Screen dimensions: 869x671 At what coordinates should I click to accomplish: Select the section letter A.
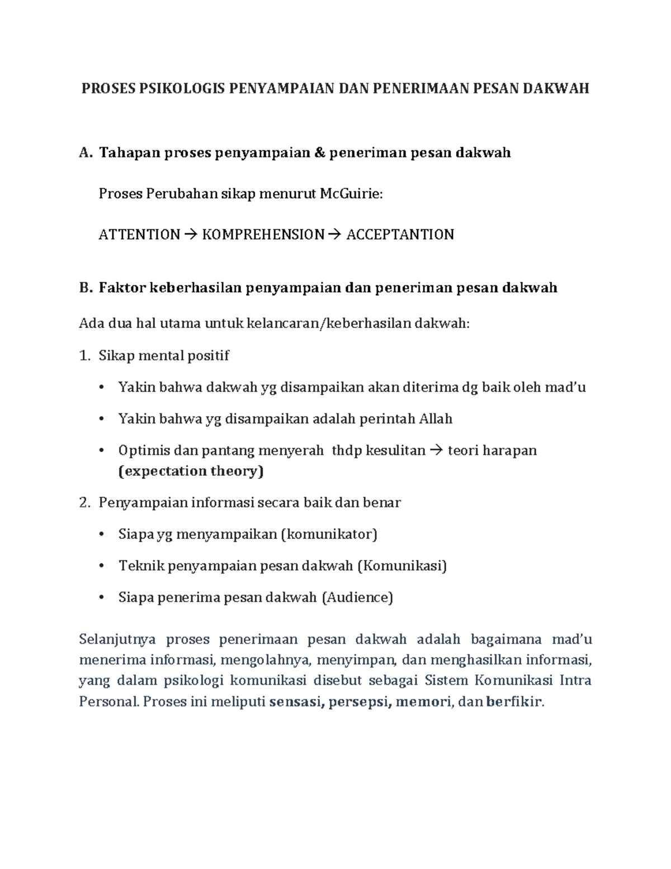tap(84, 153)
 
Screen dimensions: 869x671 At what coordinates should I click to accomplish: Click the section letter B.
tap(84, 288)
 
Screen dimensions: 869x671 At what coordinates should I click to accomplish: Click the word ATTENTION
tap(139, 234)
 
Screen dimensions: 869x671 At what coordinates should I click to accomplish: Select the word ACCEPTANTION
tap(400, 234)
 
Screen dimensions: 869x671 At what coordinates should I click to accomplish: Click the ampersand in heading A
tap(319, 153)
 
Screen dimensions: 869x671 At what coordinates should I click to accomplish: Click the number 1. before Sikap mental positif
tap(84, 355)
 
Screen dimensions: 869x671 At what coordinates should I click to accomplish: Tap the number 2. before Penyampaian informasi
tap(84, 502)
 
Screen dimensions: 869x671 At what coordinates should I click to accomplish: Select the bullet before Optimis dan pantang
tap(101, 450)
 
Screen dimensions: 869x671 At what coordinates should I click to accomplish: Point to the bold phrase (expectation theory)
tap(191, 471)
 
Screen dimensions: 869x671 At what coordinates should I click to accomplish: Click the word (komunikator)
tap(329, 534)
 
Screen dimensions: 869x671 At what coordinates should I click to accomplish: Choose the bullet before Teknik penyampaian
tap(101, 566)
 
